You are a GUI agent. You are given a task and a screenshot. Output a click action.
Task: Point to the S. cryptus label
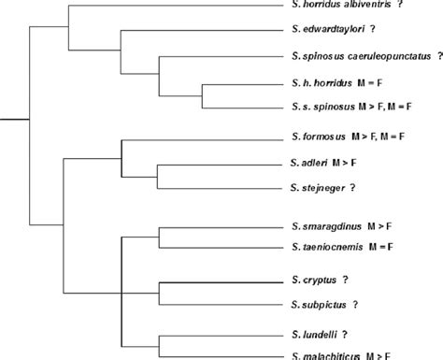pos(307,281)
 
